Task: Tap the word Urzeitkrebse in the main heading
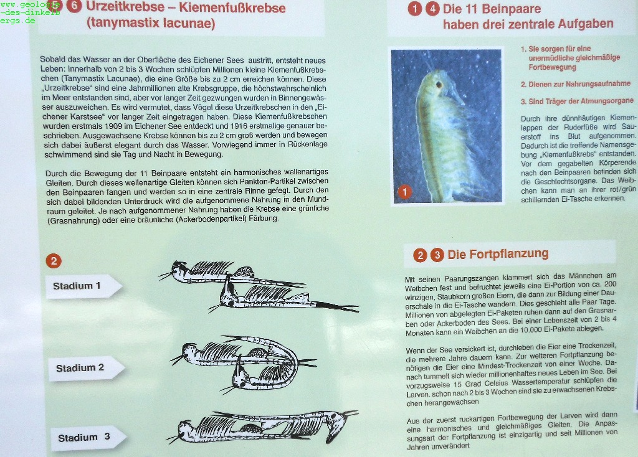125,7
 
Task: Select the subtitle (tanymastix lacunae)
151,23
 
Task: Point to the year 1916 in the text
239,126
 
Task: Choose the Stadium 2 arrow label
86,369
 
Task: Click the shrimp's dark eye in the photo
439,85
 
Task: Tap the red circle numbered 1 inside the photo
404,192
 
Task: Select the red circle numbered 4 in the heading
432,9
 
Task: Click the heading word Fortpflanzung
498,254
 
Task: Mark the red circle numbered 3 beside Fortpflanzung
437,255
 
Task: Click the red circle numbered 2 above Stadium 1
54,261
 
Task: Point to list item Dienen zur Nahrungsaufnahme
576,84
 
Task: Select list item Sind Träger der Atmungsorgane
578,101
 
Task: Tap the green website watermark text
30,12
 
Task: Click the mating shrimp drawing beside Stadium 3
262,427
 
